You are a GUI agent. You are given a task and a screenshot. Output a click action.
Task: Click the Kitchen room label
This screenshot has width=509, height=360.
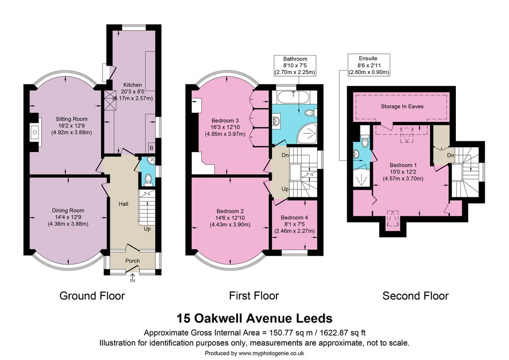point(132,85)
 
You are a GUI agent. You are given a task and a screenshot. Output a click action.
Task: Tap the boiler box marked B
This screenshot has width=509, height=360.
point(151,148)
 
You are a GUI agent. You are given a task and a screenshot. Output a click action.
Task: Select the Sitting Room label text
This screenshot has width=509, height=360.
point(72,119)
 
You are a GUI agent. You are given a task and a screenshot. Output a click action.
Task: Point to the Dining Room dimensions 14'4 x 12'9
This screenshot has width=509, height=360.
point(68,217)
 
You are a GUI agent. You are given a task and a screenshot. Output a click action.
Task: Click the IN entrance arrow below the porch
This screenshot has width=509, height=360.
point(132,278)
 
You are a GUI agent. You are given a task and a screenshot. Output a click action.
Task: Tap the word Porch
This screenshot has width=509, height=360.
point(132,261)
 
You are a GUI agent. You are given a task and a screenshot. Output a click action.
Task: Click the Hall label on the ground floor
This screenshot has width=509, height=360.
point(123,204)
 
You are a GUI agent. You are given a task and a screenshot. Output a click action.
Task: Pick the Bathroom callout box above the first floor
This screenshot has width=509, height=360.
point(295,66)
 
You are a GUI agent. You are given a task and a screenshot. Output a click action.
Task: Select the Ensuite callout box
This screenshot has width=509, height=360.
point(369,65)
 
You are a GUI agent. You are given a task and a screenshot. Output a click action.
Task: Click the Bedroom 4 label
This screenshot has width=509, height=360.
point(294,217)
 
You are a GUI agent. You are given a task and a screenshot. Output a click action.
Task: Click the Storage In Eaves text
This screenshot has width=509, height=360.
point(402,106)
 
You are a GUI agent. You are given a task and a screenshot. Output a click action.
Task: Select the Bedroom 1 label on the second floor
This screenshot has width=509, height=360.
point(403,165)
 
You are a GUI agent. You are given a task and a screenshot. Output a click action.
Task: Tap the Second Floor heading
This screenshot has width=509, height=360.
point(416,296)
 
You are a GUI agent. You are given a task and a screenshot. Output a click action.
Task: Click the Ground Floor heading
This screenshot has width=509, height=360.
point(92,296)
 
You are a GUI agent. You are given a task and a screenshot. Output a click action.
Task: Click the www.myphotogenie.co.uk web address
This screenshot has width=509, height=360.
point(271,353)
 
